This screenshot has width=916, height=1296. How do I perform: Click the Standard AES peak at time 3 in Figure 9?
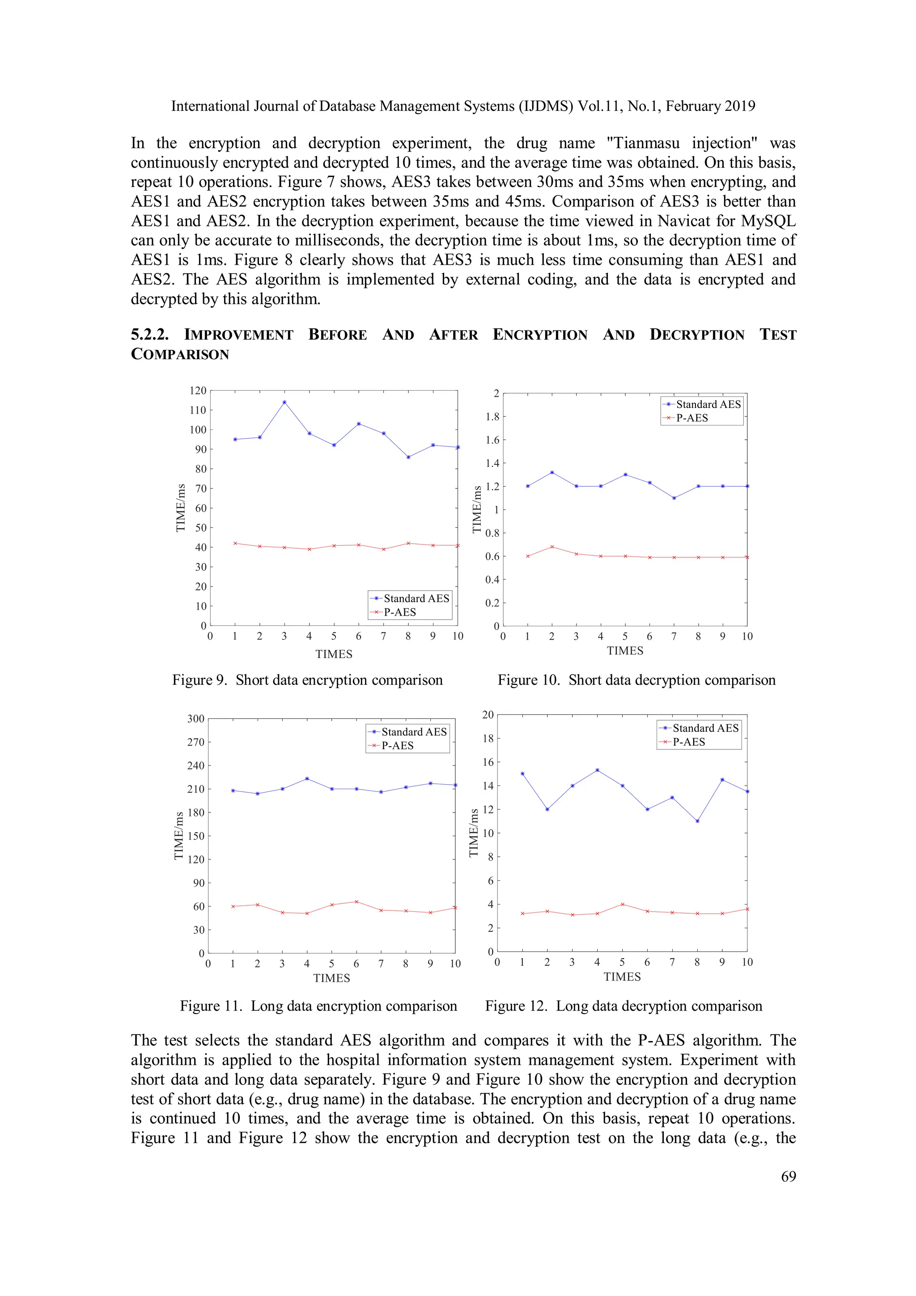(x=284, y=403)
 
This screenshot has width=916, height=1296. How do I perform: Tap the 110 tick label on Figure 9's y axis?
(x=198, y=410)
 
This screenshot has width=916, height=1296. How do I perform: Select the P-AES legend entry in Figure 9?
(x=399, y=612)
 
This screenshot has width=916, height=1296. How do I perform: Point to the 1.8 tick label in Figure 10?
(x=492, y=417)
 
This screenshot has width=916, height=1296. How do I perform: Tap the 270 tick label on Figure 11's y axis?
(x=195, y=742)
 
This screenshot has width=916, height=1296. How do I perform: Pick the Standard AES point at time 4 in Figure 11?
(x=307, y=779)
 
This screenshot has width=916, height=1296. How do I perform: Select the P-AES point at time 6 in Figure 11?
(x=356, y=902)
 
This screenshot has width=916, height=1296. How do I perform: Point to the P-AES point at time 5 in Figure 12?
(x=623, y=904)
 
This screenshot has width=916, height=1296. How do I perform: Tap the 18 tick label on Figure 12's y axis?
(x=488, y=738)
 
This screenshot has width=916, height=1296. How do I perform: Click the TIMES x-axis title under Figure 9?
(x=334, y=654)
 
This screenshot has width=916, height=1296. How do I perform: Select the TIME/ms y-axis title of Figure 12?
(x=474, y=833)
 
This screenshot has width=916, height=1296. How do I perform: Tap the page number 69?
(x=788, y=1177)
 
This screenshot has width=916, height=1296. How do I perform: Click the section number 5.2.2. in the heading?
(x=149, y=335)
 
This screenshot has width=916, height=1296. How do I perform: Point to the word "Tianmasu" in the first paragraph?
(x=643, y=143)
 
